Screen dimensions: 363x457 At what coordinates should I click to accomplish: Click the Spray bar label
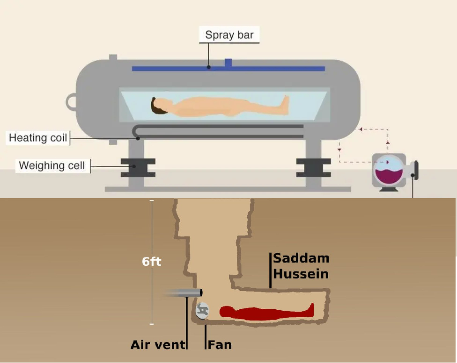point(229,35)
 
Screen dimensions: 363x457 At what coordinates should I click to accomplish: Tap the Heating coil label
point(38,138)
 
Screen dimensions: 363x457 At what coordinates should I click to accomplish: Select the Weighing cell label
point(52,165)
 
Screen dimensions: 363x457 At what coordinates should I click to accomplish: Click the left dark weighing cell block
point(138,167)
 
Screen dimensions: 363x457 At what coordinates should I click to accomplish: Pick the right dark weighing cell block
point(313,167)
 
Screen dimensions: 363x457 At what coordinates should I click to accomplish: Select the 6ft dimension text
point(151,262)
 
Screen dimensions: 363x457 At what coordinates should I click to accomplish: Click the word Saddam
point(301,258)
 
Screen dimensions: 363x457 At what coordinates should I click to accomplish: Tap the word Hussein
point(301,273)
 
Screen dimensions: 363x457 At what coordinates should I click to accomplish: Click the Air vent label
point(158,346)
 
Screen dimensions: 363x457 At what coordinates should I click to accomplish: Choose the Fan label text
point(220,346)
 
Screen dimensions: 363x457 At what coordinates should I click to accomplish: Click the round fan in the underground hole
point(203,310)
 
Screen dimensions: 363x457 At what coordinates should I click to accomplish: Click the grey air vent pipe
point(184,293)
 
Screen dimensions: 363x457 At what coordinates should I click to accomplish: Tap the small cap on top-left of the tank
point(113,58)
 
